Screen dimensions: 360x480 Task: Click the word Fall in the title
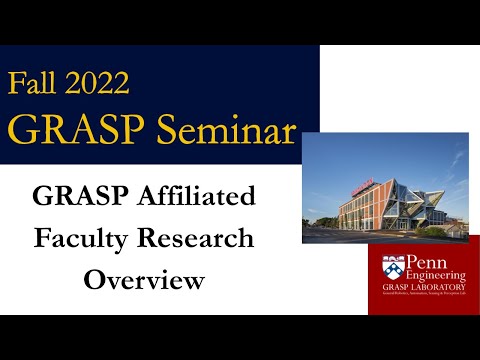[36, 83]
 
